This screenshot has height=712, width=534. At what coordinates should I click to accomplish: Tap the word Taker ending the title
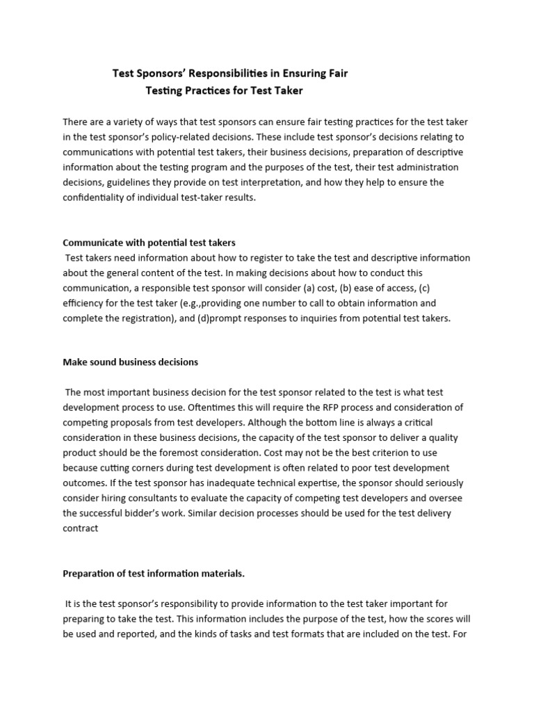(x=288, y=90)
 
